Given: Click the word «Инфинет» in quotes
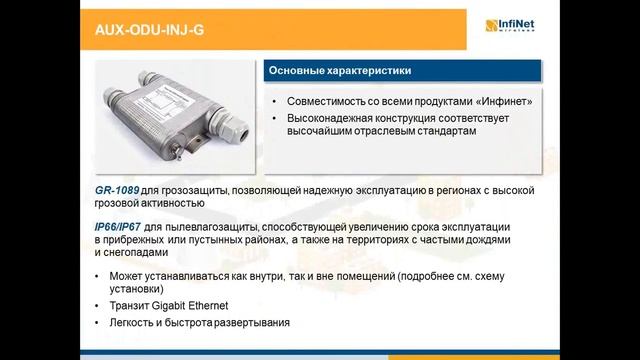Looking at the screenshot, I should pyautogui.click(x=504, y=102).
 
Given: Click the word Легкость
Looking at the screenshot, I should pyautogui.click(x=134, y=324).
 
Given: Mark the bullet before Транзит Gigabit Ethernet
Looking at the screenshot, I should pyautogui.click(x=96, y=307).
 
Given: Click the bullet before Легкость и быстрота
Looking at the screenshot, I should pyautogui.click(x=96, y=324).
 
